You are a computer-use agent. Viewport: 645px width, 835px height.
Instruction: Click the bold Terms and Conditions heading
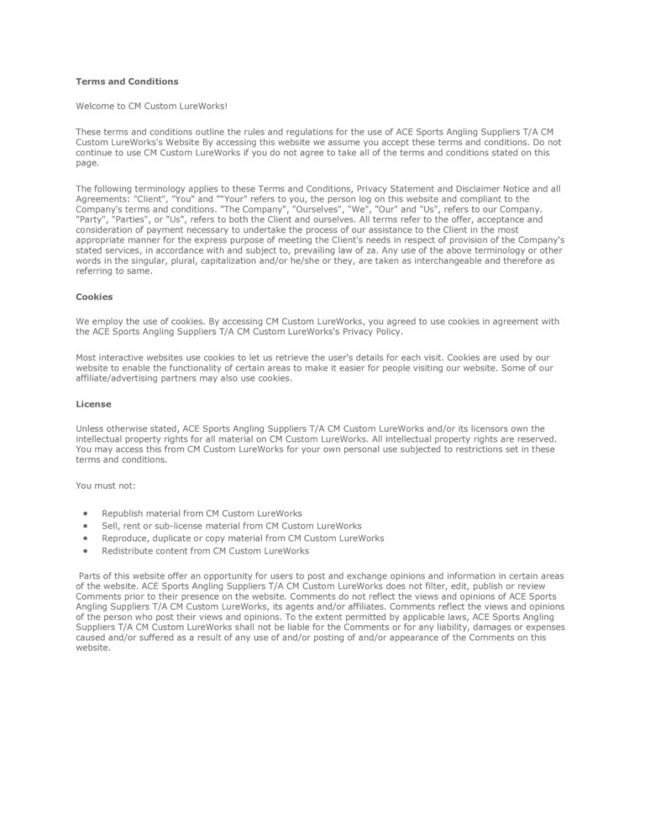[x=127, y=81]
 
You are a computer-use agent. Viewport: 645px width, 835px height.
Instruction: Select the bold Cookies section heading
[x=94, y=297]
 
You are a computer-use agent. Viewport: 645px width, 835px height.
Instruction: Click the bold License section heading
[x=93, y=404]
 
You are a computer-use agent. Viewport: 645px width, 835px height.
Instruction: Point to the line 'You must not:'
[x=106, y=486]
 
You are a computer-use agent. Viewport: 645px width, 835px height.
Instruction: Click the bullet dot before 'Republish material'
[x=86, y=512]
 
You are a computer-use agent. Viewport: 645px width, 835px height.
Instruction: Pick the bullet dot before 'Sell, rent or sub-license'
[x=86, y=525]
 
